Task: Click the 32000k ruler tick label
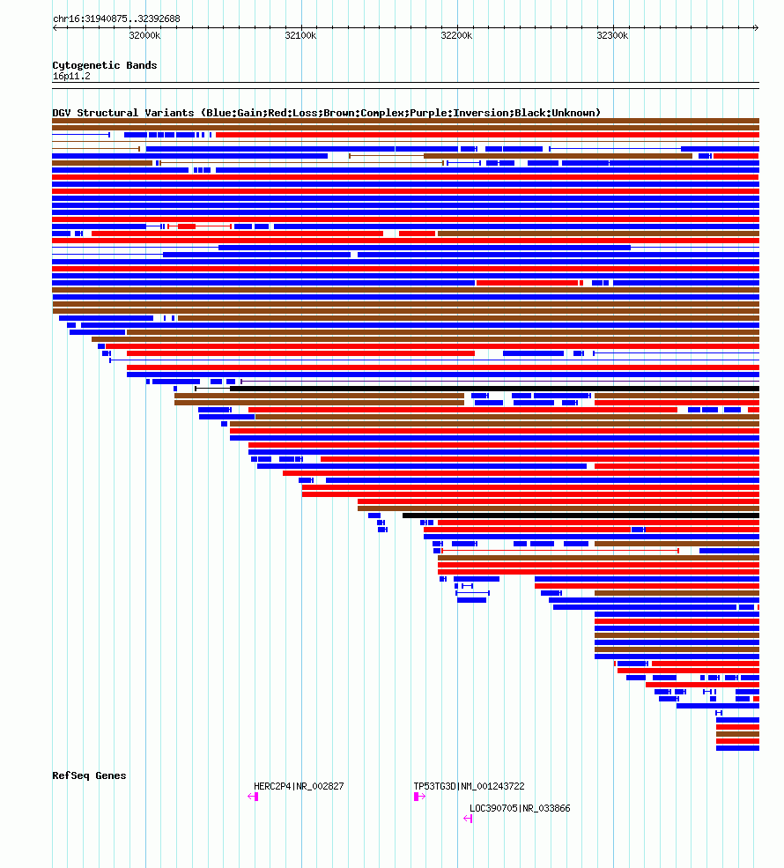pos(144,35)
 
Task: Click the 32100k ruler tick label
pos(300,35)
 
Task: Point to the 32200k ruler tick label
pos(456,35)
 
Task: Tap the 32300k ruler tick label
pos(612,35)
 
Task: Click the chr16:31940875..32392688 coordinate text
pos(116,19)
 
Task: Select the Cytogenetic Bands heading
pos(104,65)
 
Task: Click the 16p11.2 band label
pos(71,76)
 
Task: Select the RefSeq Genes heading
pos(89,775)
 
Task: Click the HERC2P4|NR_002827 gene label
pos(299,786)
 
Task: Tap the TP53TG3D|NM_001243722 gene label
pos(469,786)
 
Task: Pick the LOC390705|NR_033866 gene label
pos(520,808)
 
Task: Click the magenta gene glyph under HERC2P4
pos(253,797)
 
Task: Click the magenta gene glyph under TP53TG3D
pos(419,797)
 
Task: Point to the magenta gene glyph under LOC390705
pos(468,819)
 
